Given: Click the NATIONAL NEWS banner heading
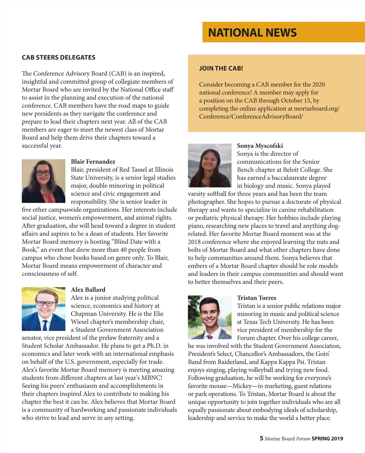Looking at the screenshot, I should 252,33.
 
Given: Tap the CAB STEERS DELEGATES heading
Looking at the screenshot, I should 58,57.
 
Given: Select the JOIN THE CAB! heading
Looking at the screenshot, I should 221,68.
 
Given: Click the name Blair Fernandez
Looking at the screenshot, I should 93,161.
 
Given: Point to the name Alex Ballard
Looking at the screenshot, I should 88,289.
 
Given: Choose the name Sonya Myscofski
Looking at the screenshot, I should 260,146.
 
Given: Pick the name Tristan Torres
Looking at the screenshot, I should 256,298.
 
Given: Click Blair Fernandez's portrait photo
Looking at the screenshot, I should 43,181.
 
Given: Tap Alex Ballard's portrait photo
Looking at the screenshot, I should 43,309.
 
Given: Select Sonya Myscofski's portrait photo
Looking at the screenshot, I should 210,165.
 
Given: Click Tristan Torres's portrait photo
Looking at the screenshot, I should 210,317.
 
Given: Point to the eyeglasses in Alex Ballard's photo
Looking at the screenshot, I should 45,304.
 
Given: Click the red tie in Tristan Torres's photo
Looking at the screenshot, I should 210,337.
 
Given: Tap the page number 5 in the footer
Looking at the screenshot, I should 261,438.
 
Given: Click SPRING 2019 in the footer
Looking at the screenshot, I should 327,439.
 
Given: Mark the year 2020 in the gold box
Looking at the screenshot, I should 318,84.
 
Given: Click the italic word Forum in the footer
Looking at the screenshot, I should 303,439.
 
